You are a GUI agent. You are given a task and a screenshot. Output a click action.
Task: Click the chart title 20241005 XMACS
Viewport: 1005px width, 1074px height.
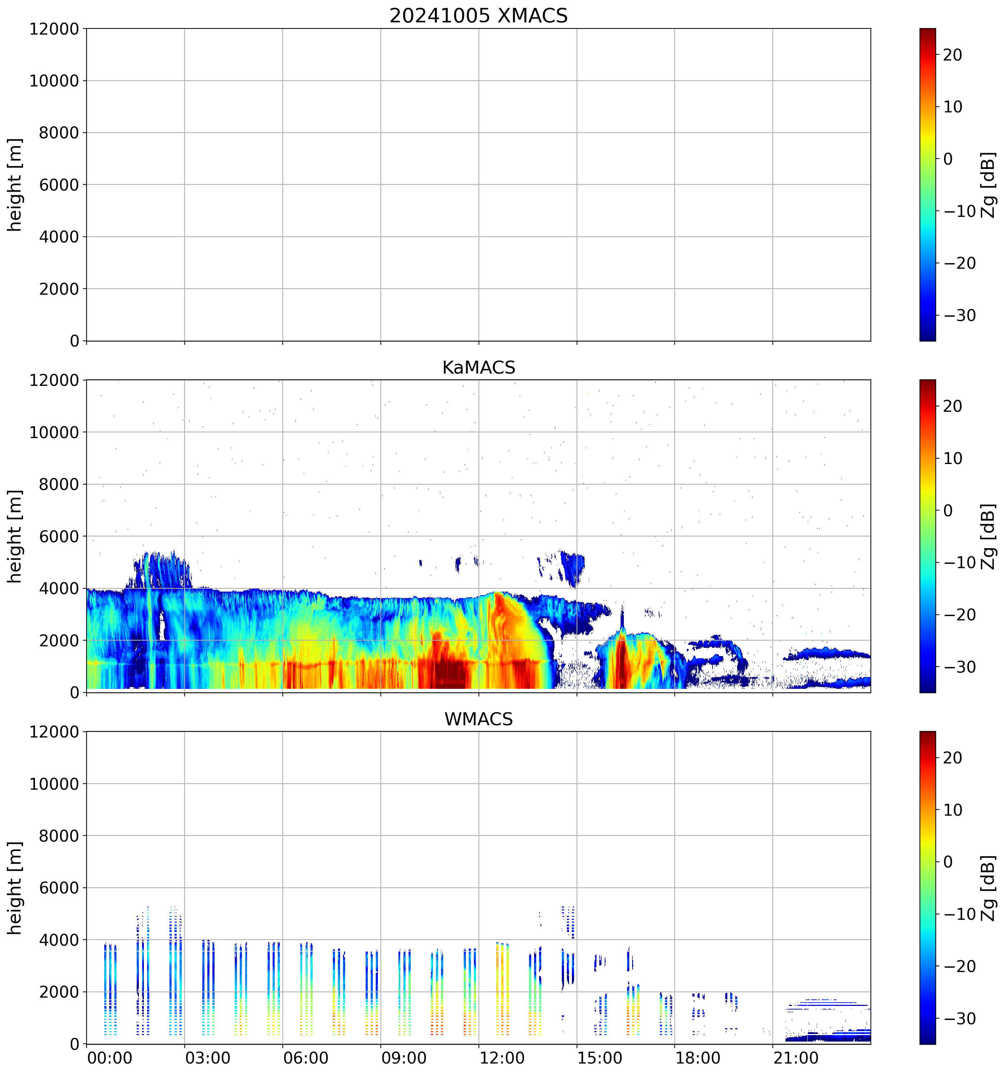click(479, 15)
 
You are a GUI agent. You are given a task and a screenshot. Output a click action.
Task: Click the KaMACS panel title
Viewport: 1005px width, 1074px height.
click(479, 367)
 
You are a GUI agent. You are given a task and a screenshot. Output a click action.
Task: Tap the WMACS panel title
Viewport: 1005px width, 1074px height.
click(479, 719)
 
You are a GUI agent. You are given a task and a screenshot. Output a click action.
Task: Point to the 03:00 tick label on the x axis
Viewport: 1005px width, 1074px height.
click(208, 1058)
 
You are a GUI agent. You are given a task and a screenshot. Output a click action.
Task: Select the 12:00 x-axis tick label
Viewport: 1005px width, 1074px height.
click(502, 1058)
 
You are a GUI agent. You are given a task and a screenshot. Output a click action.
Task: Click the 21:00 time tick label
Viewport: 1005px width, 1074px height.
click(796, 1058)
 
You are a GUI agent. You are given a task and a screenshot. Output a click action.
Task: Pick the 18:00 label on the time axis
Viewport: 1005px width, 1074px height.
click(697, 1058)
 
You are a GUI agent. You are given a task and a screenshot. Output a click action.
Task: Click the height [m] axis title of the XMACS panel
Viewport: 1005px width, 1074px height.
click(15, 185)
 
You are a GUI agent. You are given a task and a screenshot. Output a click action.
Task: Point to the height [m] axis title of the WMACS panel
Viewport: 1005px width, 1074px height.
click(15, 888)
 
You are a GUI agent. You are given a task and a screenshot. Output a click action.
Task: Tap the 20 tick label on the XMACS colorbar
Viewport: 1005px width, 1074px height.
click(953, 54)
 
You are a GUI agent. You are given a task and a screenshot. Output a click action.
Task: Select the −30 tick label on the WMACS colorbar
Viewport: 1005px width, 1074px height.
click(960, 1019)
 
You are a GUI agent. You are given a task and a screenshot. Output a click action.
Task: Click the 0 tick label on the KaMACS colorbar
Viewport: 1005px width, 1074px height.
click(948, 511)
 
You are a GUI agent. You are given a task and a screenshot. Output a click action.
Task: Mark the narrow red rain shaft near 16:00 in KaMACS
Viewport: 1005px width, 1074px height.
click(621, 662)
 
